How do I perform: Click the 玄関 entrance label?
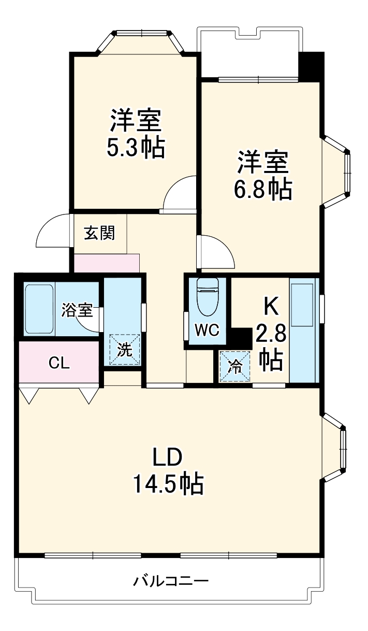click(x=99, y=233)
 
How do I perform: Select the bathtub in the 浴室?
click(x=39, y=309)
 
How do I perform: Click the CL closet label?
click(x=59, y=363)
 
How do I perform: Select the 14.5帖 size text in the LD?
click(x=168, y=484)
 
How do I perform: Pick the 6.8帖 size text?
click(x=263, y=190)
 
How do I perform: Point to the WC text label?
click(x=207, y=330)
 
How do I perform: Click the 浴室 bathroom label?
click(x=77, y=310)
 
